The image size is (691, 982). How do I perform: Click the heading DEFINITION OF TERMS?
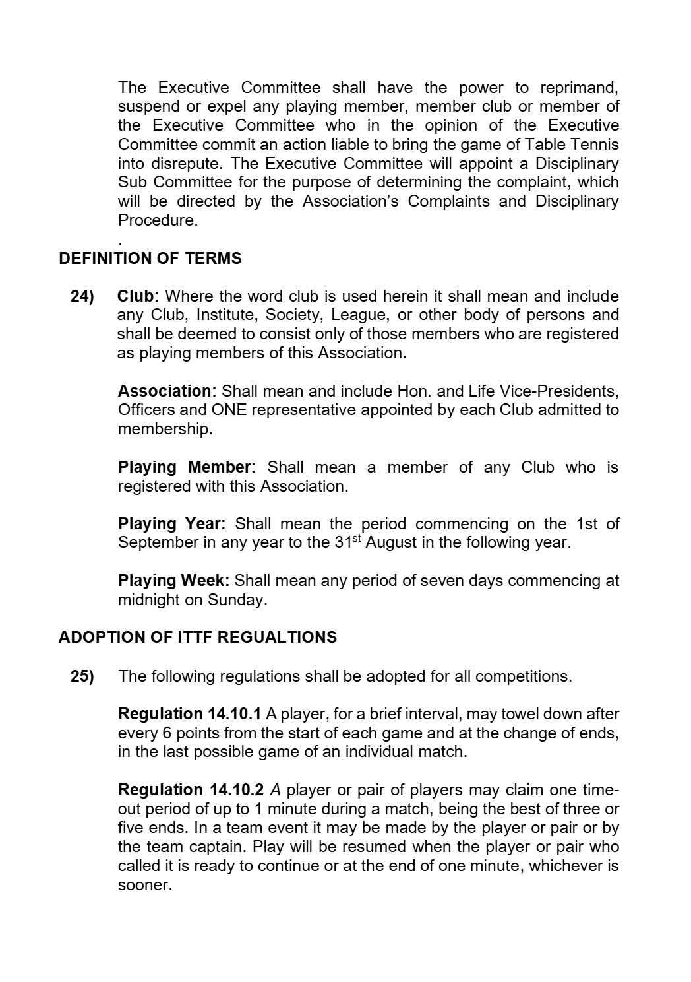pyautogui.click(x=150, y=259)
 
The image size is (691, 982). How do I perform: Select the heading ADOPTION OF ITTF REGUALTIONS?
pyautogui.click(x=198, y=638)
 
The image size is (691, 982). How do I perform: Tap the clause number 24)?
pyautogui.click(x=82, y=296)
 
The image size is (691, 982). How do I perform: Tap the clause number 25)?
pyautogui.click(x=82, y=676)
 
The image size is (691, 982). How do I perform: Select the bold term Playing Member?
pyautogui.click(x=187, y=468)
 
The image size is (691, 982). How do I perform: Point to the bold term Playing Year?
pyautogui.click(x=171, y=525)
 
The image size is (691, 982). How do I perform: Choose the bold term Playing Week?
pyautogui.click(x=173, y=581)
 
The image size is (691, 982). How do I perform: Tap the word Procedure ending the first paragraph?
pyautogui.click(x=157, y=220)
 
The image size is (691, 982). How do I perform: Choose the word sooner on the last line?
pyautogui.click(x=144, y=886)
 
